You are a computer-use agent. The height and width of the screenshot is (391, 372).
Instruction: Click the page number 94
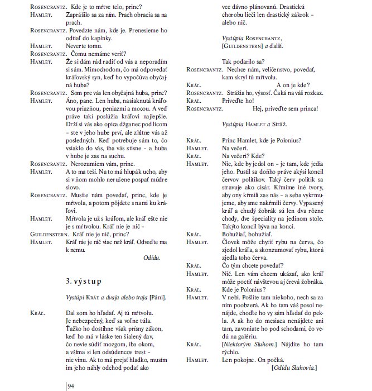point(71,386)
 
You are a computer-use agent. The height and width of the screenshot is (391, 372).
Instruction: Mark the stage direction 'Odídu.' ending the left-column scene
point(152,258)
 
